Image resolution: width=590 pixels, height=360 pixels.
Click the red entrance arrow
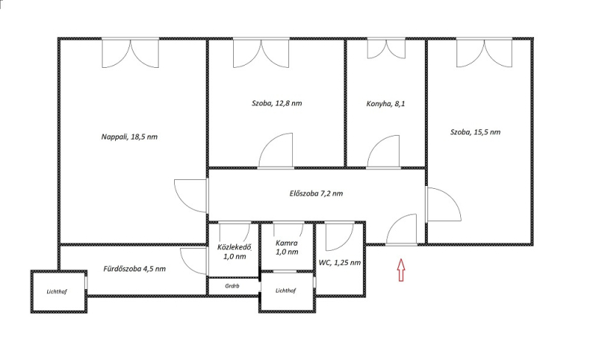[x=401, y=269]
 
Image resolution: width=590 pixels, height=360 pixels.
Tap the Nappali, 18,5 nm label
[x=130, y=136]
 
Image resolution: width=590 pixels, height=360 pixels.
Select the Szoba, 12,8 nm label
[x=277, y=103]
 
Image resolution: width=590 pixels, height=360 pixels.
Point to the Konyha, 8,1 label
[x=386, y=104]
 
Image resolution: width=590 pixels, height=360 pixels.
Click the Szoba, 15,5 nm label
[x=476, y=132]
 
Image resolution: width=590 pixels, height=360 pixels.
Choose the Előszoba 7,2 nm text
[x=316, y=193]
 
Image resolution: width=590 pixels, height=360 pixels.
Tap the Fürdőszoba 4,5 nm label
[x=134, y=269]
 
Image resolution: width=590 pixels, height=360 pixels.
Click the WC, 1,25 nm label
[x=340, y=263]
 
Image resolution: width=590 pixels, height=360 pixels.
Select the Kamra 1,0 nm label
[x=287, y=247]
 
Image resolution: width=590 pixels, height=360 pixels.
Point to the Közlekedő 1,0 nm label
[x=234, y=252]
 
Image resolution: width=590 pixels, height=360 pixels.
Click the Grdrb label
[x=232, y=285]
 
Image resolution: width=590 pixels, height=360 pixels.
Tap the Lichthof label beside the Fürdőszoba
[x=57, y=291]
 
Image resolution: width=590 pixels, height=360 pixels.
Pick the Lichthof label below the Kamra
[x=285, y=291]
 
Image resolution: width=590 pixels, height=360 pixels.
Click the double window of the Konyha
[x=386, y=49]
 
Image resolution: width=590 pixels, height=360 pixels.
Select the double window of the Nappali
[x=131, y=53]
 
